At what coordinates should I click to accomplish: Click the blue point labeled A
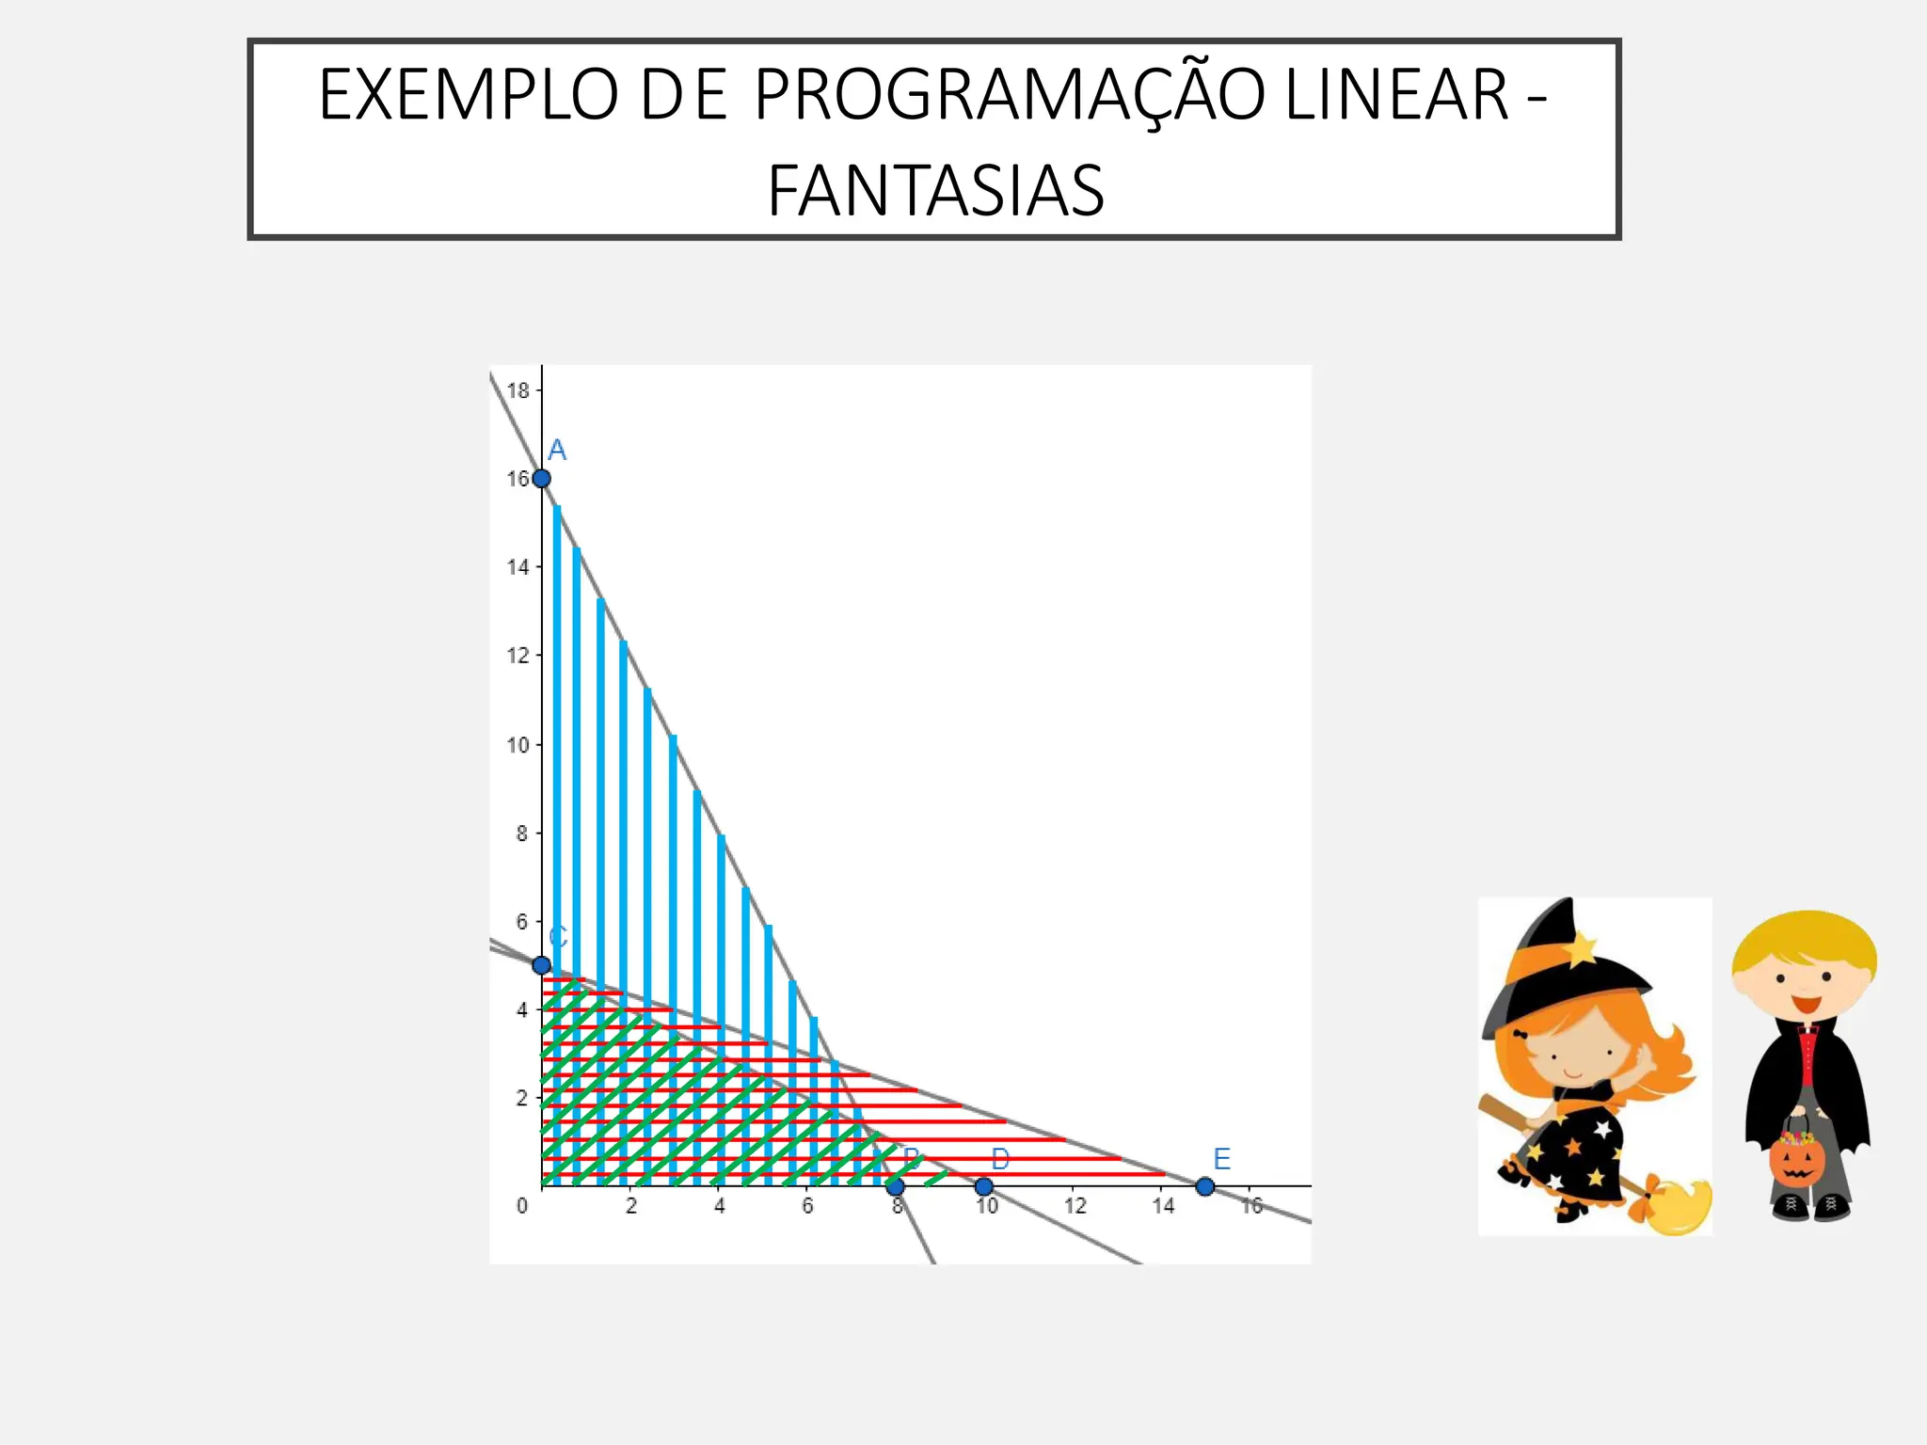tap(542, 479)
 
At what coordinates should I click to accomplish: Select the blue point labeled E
tap(1205, 1187)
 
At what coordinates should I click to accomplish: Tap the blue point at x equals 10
tap(983, 1187)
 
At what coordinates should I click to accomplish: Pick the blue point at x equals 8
tap(896, 1187)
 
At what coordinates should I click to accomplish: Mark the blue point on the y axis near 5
tap(541, 965)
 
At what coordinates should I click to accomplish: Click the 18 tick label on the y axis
tap(518, 390)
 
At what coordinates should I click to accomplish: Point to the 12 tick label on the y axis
tap(518, 656)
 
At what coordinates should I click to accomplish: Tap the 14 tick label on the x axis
tap(1163, 1207)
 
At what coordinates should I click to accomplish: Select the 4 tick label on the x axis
tap(720, 1207)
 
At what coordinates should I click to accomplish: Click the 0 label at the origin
tap(522, 1207)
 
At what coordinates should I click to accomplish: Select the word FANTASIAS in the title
tap(935, 191)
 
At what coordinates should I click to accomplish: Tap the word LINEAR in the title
tap(1396, 95)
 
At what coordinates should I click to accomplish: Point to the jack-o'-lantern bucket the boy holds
tap(1796, 1159)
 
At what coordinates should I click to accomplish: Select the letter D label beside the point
tap(1000, 1159)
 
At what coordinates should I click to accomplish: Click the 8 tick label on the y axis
tap(521, 834)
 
